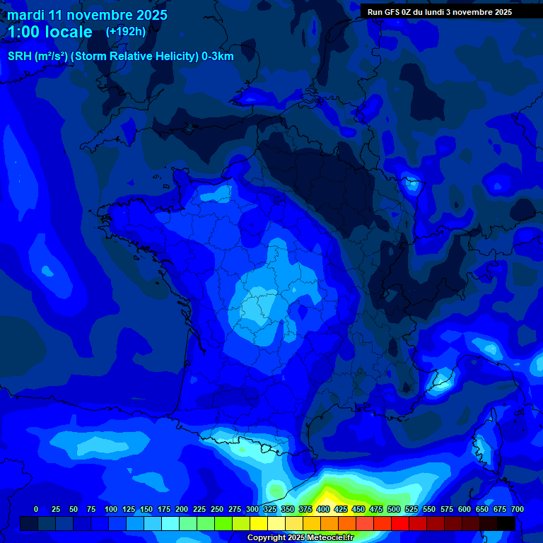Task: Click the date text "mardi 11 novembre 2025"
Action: pos(87,15)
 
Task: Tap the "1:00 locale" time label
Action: pos(49,32)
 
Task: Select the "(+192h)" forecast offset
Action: pos(125,31)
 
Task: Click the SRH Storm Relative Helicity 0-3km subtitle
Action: pos(120,57)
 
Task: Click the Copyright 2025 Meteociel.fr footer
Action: pos(300,537)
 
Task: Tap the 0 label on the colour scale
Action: pos(36,509)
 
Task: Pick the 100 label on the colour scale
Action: pos(110,509)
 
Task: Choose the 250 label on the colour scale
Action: pos(216,509)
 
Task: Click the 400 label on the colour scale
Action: pos(323,509)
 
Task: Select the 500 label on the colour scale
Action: pos(394,509)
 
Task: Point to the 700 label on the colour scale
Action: pos(517,509)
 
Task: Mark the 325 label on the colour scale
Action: pos(269,509)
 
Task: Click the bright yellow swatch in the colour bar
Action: pos(259,523)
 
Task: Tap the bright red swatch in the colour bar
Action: pos(400,523)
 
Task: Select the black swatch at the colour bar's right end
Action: pos(506,523)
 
